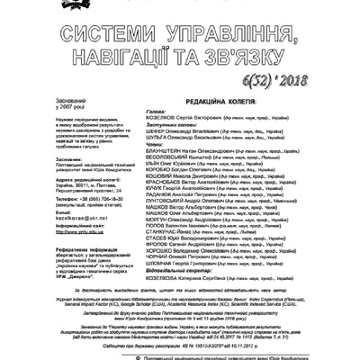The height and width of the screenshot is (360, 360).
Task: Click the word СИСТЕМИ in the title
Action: (100, 35)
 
